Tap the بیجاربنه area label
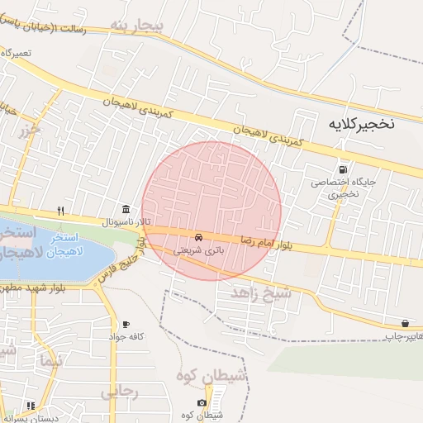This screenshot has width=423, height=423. tap(138, 25)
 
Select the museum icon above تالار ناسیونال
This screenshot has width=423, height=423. tap(125, 208)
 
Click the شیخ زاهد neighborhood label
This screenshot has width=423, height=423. tap(261, 292)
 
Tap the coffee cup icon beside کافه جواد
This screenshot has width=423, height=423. tap(126, 324)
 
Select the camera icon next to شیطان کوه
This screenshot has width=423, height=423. tap(202, 403)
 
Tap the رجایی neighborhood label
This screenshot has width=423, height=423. tap(120, 393)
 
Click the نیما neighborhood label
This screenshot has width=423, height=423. tap(50, 360)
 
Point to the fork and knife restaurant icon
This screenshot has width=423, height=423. tap(60, 211)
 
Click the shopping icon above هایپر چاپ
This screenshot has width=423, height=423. tap(405, 323)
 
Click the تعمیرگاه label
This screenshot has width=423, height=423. tap(17, 52)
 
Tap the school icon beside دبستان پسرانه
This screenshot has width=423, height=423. tap(31, 406)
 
